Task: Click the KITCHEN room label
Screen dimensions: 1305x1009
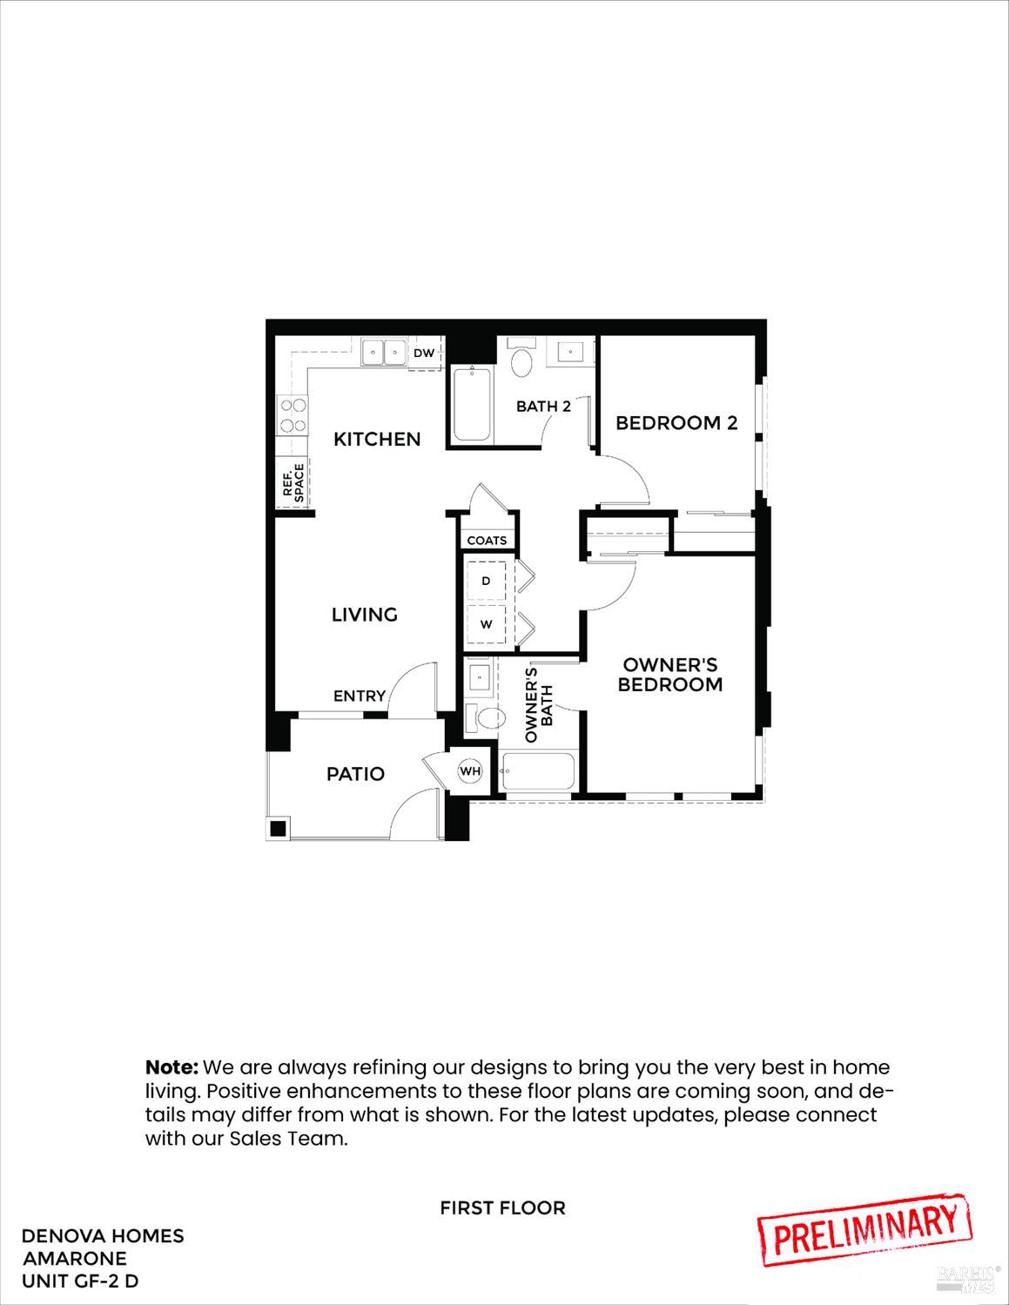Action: [x=377, y=439]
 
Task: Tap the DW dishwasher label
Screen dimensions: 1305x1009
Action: [x=424, y=353]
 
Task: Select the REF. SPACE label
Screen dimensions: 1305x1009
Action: [x=293, y=481]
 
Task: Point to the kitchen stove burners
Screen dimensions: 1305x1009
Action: [x=293, y=414]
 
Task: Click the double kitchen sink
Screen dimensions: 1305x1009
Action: [x=384, y=353]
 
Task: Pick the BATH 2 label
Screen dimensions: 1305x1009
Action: [x=543, y=406]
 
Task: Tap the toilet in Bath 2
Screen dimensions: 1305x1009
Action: [x=521, y=362]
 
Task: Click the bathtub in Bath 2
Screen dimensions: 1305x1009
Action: [x=472, y=405]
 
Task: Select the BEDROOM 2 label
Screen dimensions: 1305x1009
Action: [x=676, y=423]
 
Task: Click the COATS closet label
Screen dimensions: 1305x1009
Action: [x=487, y=541]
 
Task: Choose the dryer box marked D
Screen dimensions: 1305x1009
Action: [x=486, y=581]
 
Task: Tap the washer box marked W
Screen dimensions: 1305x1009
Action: [x=486, y=624]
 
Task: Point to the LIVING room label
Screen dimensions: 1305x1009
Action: [x=365, y=615]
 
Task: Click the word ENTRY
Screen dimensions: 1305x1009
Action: [x=360, y=696]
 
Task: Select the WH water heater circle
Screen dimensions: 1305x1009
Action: [x=470, y=771]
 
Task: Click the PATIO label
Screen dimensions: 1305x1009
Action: [x=355, y=774]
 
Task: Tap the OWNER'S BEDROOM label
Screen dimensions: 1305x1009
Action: [x=670, y=675]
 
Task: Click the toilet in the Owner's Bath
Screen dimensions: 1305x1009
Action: [x=488, y=718]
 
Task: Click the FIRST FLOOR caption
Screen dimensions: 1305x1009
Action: [x=502, y=1207]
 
